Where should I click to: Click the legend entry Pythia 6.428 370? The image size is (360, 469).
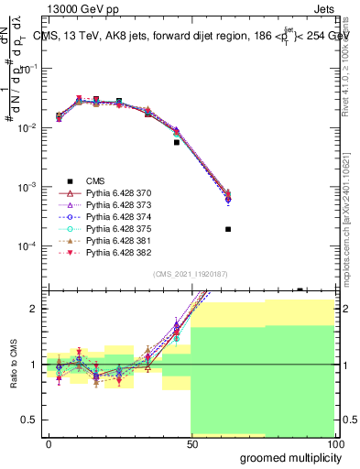(x=115, y=192)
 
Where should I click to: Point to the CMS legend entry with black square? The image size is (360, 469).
(x=92, y=180)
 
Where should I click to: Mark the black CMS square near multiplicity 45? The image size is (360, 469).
(x=177, y=142)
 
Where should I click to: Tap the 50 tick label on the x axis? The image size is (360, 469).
(x=191, y=442)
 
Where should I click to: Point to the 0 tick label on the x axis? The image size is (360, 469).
(x=48, y=442)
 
